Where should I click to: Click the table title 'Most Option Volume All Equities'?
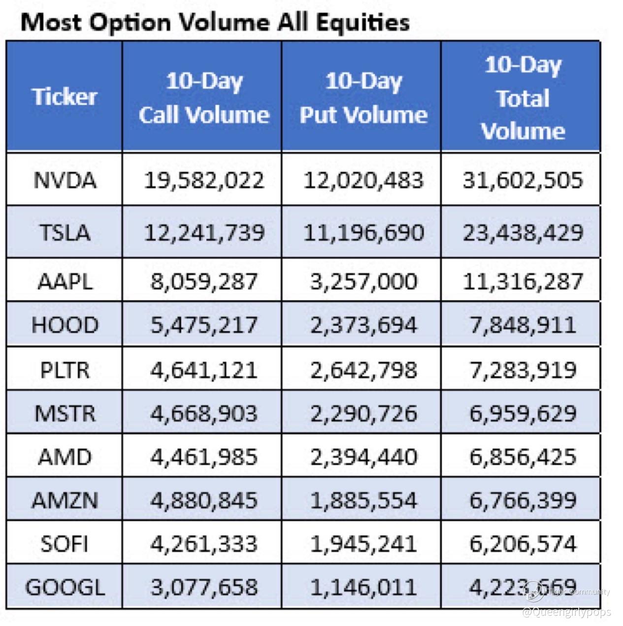[x=215, y=23]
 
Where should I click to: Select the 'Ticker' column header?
[x=65, y=96]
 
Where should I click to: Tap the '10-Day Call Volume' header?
[x=203, y=98]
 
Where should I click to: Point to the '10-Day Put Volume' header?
[x=363, y=98]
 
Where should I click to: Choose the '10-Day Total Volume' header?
[x=523, y=98]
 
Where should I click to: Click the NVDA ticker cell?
[x=65, y=180]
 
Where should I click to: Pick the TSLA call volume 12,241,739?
[x=203, y=232]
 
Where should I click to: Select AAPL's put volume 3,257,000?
[x=363, y=281]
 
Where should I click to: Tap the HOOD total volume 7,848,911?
[x=523, y=325]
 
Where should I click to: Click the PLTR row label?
[x=65, y=369]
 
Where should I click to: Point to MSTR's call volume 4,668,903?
[x=203, y=413]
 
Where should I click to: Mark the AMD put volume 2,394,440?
[x=363, y=457]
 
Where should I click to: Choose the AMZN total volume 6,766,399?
[x=523, y=500]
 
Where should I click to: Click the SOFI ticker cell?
[x=65, y=544]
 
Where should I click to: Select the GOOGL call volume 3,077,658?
[x=203, y=587]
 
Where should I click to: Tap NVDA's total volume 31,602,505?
[x=523, y=180]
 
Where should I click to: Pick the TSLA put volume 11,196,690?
[x=363, y=232]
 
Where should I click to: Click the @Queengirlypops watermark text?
[x=566, y=612]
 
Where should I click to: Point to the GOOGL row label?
[x=65, y=587]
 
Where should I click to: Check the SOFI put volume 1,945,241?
[x=363, y=544]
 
